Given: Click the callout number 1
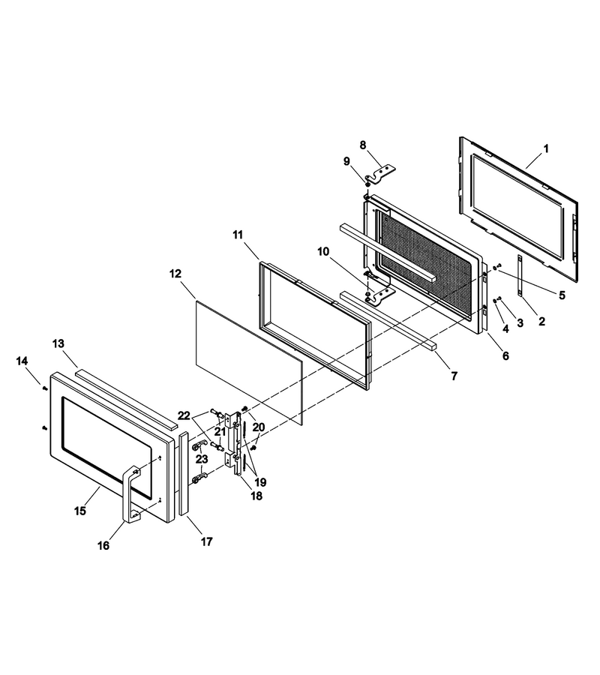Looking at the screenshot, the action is (x=546, y=149).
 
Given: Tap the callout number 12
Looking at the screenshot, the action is (x=175, y=274).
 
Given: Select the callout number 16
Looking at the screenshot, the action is (x=103, y=545).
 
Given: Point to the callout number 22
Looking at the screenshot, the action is (x=184, y=415).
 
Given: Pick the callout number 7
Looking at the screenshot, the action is (x=454, y=376).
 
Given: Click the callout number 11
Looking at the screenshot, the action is (x=238, y=235).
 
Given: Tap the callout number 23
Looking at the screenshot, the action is (x=202, y=459).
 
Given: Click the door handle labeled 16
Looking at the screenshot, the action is (x=131, y=494).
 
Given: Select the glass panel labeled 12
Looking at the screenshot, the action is (x=249, y=363).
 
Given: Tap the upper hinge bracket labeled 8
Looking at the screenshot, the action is (x=380, y=175).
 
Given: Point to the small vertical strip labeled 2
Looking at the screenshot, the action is (x=520, y=275).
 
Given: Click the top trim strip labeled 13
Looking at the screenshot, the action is (x=126, y=397).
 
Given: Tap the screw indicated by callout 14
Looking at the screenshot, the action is (x=44, y=388).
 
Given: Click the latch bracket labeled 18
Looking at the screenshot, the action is (x=234, y=443).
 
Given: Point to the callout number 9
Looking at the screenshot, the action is (x=347, y=161).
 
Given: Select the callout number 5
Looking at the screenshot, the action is (x=562, y=295).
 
